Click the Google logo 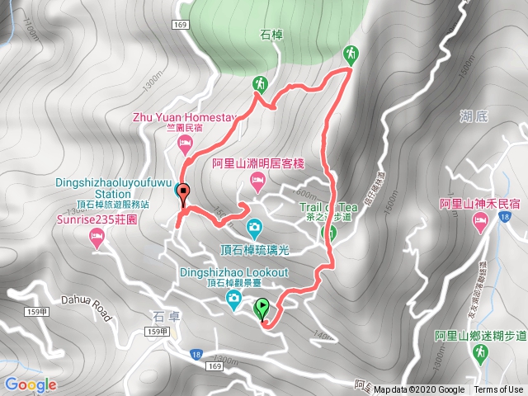pyautogui.click(x=31, y=384)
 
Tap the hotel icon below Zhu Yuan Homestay pyautogui.click(x=185, y=144)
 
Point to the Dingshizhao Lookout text pyautogui.click(x=234, y=272)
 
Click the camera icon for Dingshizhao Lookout pyautogui.click(x=234, y=298)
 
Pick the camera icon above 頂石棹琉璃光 pyautogui.click(x=255, y=225)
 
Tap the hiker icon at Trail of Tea pyautogui.click(x=328, y=233)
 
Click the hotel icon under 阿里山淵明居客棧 pyautogui.click(x=256, y=186)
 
